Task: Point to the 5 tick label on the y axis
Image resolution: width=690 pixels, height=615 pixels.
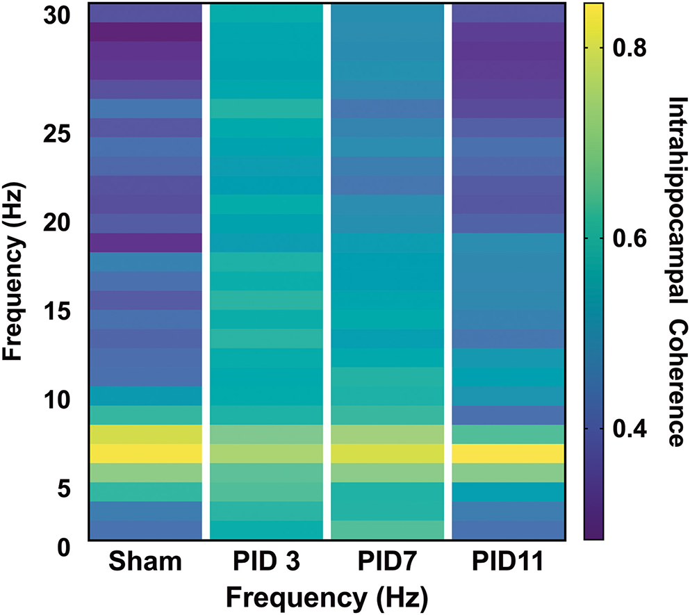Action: click(63, 489)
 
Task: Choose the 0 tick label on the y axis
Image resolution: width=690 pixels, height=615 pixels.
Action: click(63, 547)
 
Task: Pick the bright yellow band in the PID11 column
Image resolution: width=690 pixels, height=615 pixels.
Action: click(508, 453)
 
